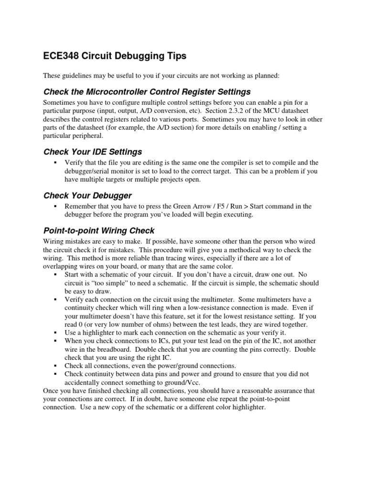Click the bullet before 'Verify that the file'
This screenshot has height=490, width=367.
(x=56, y=163)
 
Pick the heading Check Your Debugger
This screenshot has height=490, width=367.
(x=87, y=196)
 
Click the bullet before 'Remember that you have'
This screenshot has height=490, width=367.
(x=56, y=206)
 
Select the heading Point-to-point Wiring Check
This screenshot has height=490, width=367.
(x=99, y=231)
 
